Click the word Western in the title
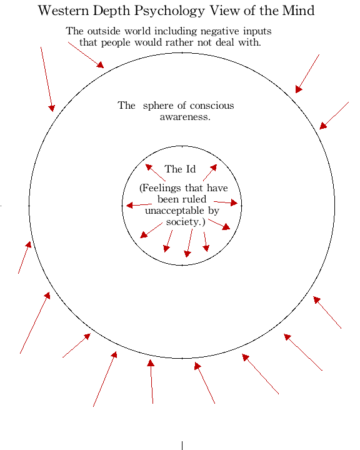click(x=64, y=11)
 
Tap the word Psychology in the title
click(x=169, y=11)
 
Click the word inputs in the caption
click(x=257, y=32)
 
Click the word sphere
click(x=159, y=106)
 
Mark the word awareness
click(x=185, y=117)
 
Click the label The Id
click(x=180, y=169)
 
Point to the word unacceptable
click(x=175, y=211)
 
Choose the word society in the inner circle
click(x=184, y=222)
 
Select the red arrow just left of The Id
click(x=155, y=172)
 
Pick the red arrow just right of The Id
click(x=210, y=172)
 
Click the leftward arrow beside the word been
click(x=139, y=205)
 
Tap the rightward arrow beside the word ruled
click(x=226, y=202)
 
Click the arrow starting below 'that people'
click(x=86, y=55)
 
